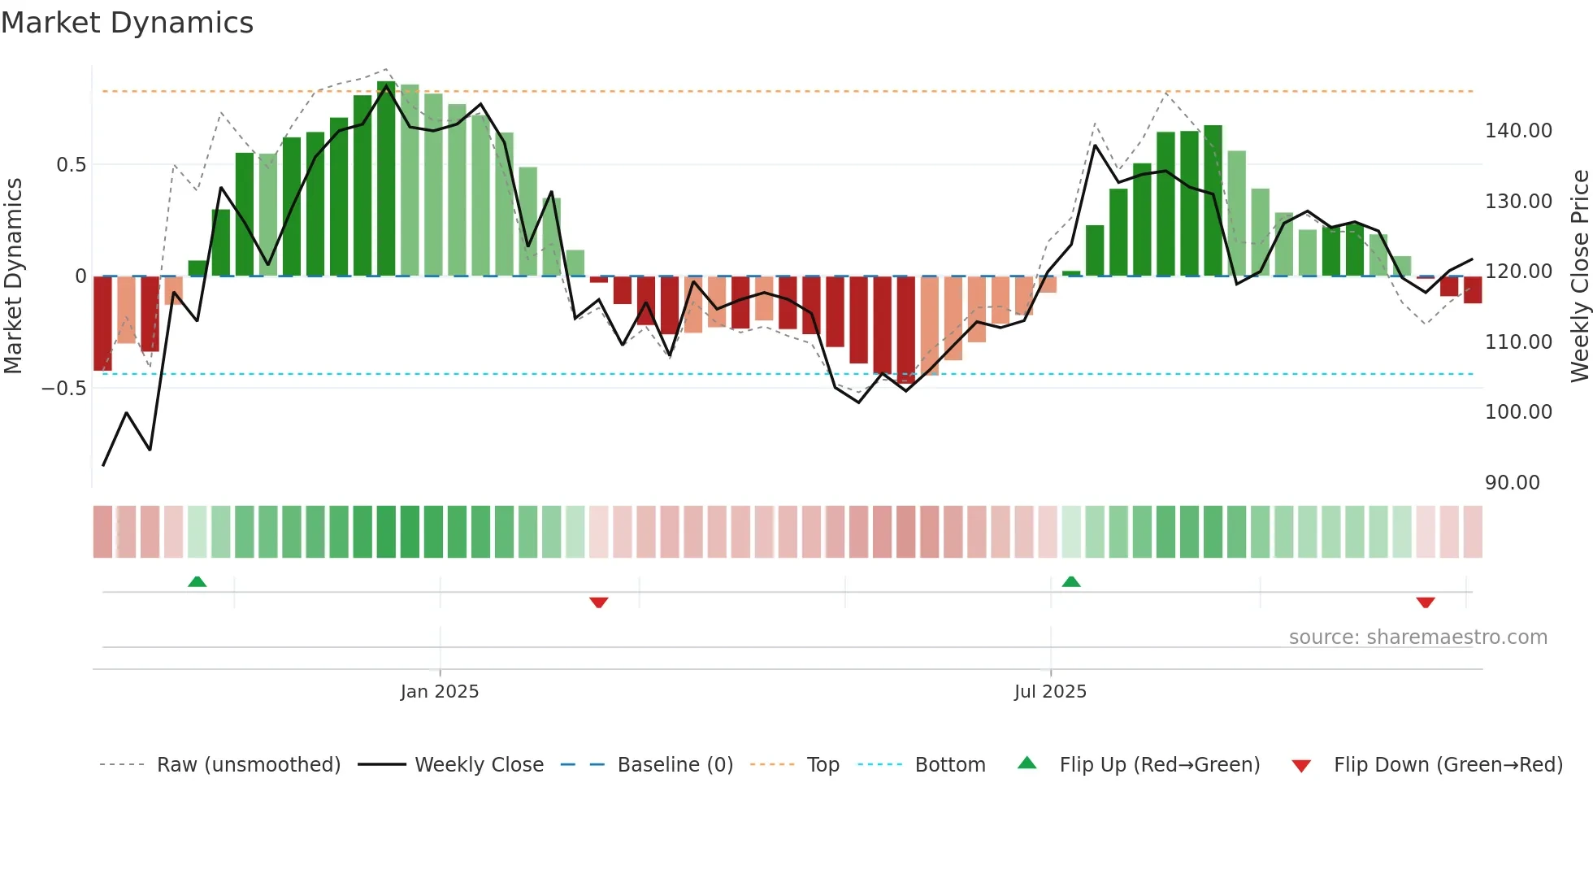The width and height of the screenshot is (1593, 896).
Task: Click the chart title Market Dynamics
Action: [127, 23]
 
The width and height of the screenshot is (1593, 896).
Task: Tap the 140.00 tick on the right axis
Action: [1518, 131]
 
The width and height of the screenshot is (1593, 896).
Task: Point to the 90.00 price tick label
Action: [1512, 483]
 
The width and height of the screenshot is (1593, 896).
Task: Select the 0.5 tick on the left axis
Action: [71, 165]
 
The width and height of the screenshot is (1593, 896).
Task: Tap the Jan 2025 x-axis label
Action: [440, 692]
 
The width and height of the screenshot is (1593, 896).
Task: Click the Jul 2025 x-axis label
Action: [1050, 692]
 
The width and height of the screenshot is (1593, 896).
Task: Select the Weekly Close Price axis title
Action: [1579, 276]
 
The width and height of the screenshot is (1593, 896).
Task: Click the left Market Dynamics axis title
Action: [13, 276]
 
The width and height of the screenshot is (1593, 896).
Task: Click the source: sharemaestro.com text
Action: [1417, 637]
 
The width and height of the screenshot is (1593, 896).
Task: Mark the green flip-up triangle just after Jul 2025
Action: [1071, 581]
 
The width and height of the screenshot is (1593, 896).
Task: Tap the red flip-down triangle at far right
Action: [1425, 602]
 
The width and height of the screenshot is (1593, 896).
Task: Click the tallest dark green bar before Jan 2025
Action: [386, 179]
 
